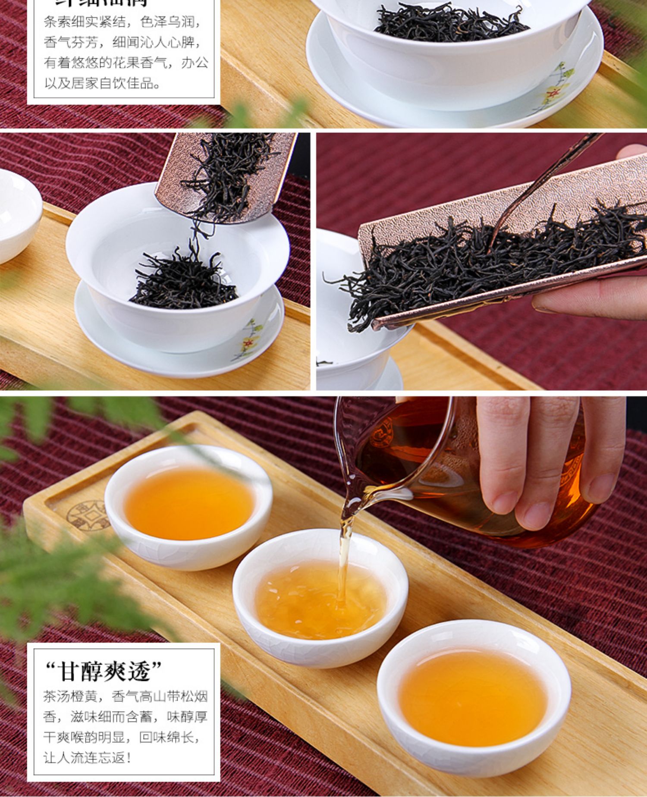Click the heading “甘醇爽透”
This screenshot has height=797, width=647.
pyautogui.click(x=104, y=672)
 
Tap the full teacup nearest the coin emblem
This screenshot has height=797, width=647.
pyautogui.click(x=188, y=507)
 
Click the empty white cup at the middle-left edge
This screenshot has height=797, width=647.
pyautogui.click(x=17, y=216)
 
